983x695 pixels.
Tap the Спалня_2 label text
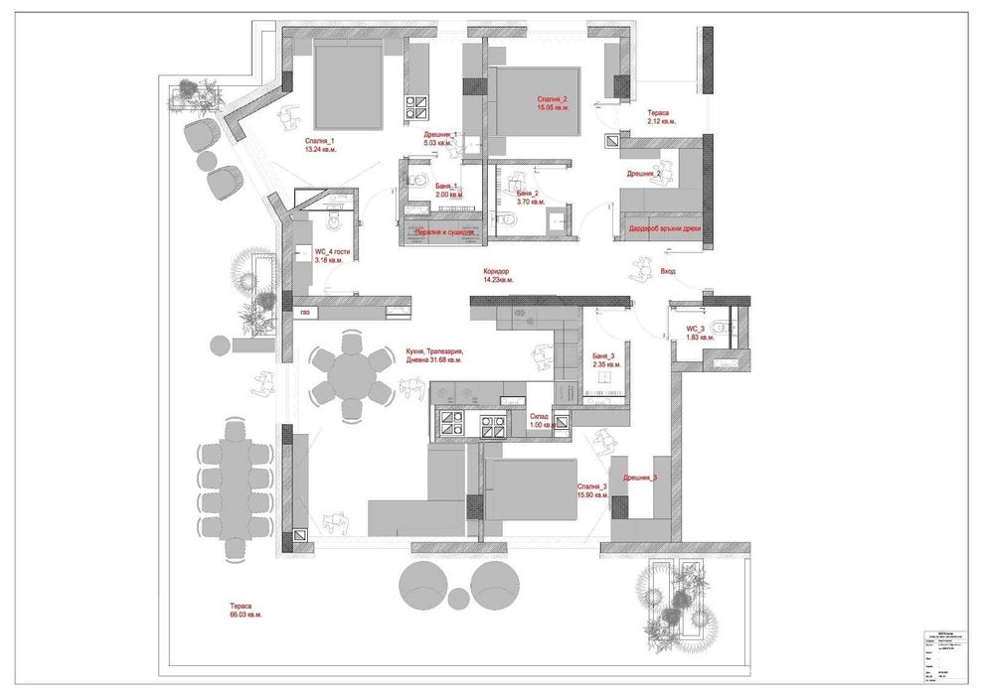pos(553,99)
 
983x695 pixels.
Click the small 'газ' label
pos(304,312)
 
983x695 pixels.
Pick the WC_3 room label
pos(695,329)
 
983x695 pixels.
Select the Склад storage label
pos(541,416)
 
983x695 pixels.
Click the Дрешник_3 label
pos(640,478)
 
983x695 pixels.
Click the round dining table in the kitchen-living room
pos(351,376)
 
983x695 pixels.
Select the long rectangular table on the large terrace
pos(237,492)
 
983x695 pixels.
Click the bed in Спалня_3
pos(531,490)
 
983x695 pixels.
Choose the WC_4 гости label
pos(332,252)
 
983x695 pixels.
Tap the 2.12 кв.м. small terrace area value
pos(661,121)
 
